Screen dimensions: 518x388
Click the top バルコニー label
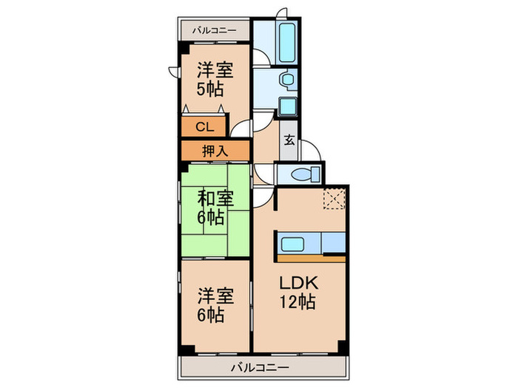[215, 31]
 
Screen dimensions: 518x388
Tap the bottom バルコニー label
[260, 367]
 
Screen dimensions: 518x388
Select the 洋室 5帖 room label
[215, 80]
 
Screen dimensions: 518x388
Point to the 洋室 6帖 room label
[215, 304]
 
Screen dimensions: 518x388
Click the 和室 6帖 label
[215, 208]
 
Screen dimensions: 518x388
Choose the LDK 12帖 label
[298, 292]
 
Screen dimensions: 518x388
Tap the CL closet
[203, 126]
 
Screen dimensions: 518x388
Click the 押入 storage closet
[215, 151]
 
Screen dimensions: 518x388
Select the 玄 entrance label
[289, 140]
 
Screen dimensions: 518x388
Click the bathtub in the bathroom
[286, 43]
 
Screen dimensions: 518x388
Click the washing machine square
[286, 106]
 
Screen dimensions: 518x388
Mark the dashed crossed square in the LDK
[334, 200]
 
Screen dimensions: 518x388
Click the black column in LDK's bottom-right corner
[342, 346]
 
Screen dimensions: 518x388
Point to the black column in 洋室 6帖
[187, 350]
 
